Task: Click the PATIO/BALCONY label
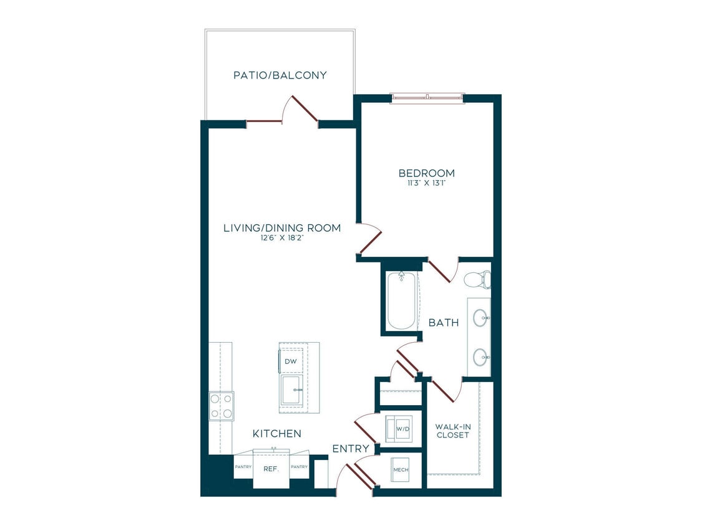tap(280, 75)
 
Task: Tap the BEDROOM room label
tap(427, 173)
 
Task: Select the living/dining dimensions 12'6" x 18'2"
tap(282, 238)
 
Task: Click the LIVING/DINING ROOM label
tap(282, 228)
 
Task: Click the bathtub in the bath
tap(402, 300)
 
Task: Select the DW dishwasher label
tap(291, 361)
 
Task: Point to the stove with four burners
tap(221, 406)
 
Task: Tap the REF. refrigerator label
tap(271, 469)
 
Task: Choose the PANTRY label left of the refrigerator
tap(243, 467)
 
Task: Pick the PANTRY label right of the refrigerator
tap(299, 467)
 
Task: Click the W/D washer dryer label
tap(403, 429)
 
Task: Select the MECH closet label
tap(401, 470)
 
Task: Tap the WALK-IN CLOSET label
tap(453, 431)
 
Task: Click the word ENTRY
tap(351, 449)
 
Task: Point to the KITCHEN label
tap(277, 433)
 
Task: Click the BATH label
tap(444, 322)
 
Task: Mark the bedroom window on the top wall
tap(427, 98)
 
